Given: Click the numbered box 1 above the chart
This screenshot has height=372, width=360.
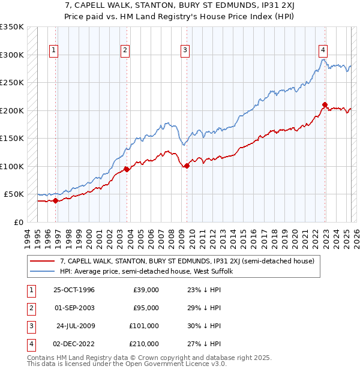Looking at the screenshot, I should (x=54, y=50).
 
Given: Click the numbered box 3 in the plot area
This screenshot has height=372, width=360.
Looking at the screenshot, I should (x=185, y=50).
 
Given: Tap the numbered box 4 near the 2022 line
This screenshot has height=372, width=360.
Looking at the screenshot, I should (x=323, y=50).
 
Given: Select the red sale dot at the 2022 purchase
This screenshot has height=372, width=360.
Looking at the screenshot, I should (x=325, y=105).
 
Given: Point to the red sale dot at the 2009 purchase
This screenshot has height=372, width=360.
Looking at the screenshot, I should (x=187, y=166).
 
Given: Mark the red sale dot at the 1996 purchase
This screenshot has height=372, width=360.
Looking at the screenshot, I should (x=55, y=200).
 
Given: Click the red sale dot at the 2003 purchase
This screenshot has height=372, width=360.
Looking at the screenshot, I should (x=127, y=169).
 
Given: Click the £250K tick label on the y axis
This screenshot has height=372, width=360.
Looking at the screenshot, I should (x=12, y=82).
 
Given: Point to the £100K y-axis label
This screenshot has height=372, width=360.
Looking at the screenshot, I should (x=12, y=166).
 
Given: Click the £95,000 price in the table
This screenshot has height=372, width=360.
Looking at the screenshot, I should (x=146, y=308).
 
